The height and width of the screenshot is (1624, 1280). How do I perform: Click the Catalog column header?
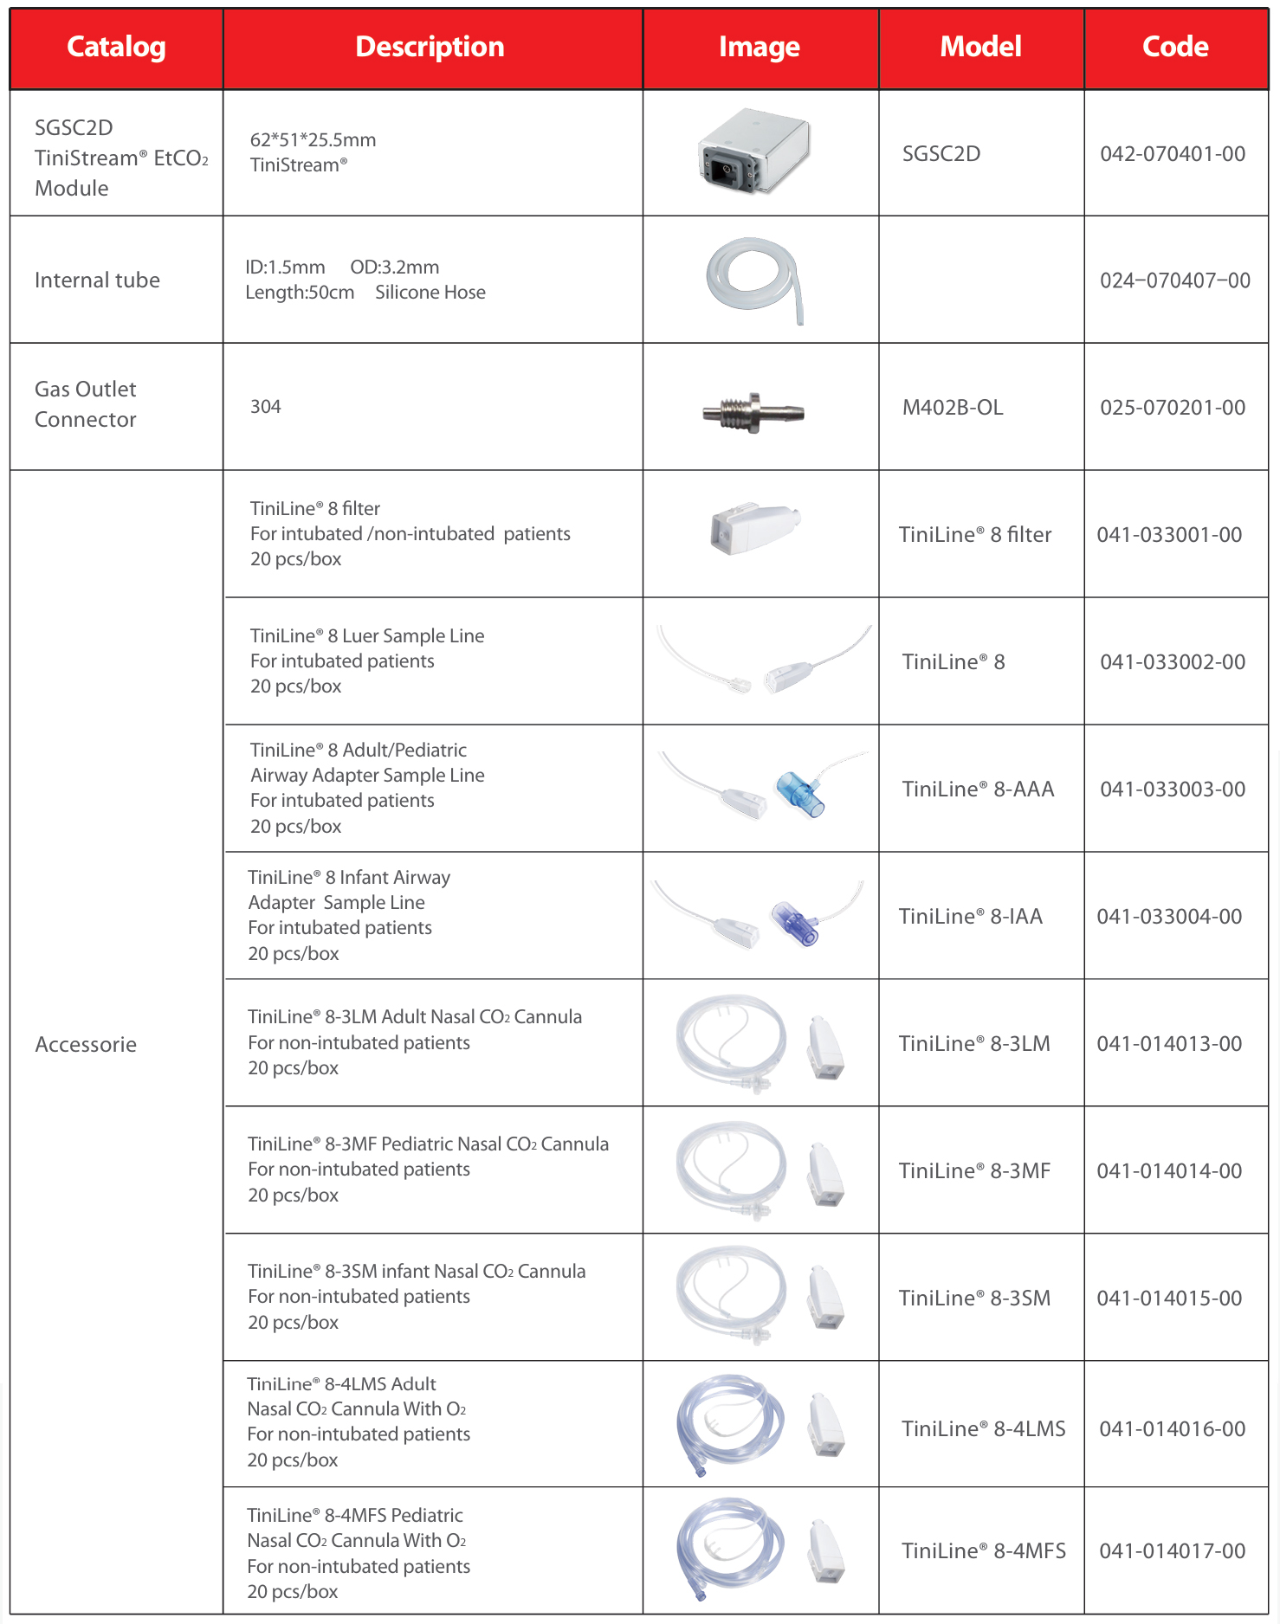116,48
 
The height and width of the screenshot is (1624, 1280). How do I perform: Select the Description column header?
430,48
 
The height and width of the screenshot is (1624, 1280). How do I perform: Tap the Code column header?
1175,48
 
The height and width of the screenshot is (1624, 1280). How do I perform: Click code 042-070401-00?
1173,154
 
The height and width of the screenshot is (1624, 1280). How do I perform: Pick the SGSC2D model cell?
941,154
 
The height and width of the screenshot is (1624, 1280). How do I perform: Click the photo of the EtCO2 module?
755,152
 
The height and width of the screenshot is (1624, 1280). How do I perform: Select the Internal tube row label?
97,280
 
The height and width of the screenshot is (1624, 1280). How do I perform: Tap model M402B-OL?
953,408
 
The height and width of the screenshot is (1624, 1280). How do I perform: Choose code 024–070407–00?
1175,280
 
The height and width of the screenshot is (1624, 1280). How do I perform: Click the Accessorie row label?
86,1045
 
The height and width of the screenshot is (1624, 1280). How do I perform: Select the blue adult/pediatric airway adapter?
799,793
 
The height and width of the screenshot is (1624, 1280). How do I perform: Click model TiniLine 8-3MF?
974,1171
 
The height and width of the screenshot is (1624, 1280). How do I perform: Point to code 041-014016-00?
1173,1429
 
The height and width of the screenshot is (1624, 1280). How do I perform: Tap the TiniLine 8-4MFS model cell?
984,1551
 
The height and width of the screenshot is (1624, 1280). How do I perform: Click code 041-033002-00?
1173,662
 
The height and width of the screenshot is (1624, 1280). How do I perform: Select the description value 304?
266,407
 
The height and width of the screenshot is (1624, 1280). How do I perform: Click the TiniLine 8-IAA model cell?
971,917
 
